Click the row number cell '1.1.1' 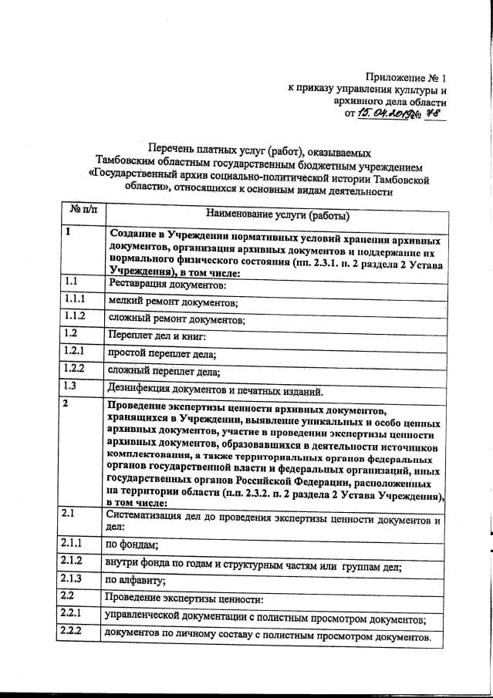(x=76, y=298)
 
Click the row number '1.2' (x=72, y=333)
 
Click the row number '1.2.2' (x=75, y=368)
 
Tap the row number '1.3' (x=72, y=386)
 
